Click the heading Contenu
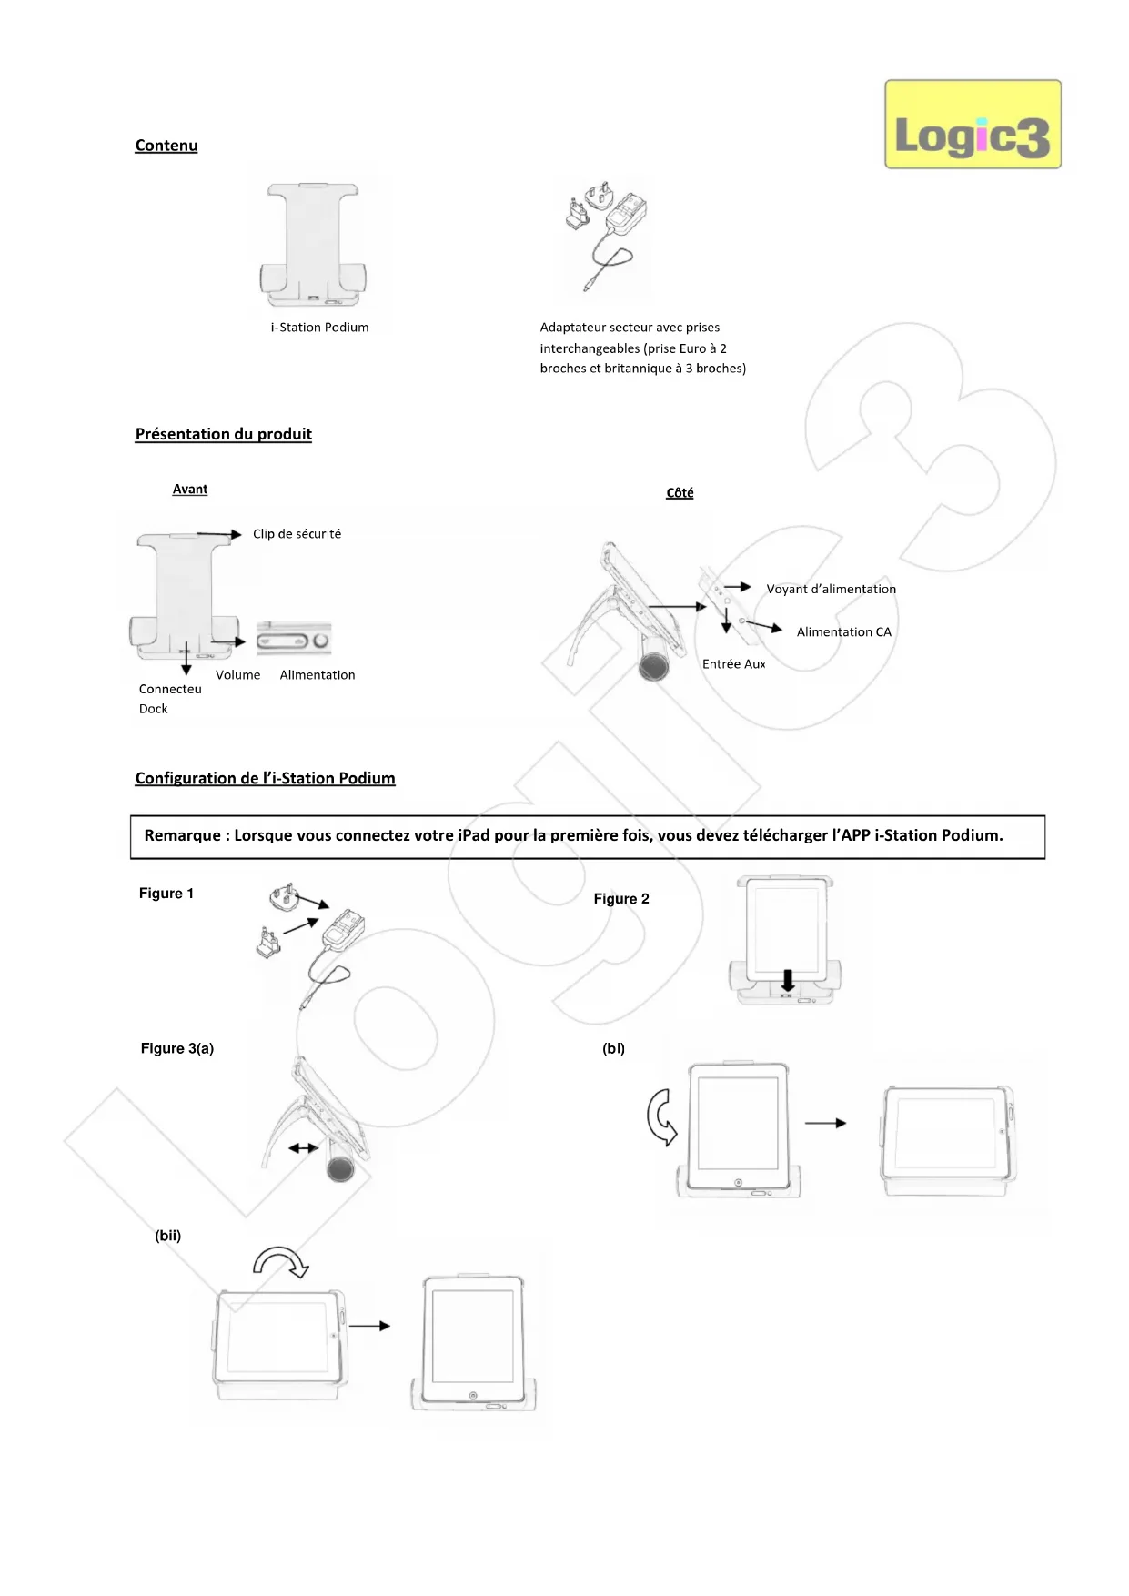tap(166, 146)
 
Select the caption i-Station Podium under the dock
tap(319, 328)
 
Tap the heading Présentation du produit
tap(223, 434)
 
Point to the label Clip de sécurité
tap(297, 534)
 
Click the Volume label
tap(237, 675)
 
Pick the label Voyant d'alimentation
tap(831, 590)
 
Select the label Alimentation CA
tap(843, 632)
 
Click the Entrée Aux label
tap(733, 664)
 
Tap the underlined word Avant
tap(189, 490)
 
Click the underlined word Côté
tap(680, 493)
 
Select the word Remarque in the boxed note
tap(182, 835)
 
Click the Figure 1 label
tap(166, 894)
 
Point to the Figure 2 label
tap(621, 899)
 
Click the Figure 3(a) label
tap(176, 1048)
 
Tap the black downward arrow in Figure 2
tap(788, 980)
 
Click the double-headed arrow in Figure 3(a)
tap(303, 1148)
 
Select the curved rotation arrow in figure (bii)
tap(281, 1261)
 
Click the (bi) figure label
tap(613, 1048)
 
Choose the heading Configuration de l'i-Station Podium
tap(265, 778)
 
